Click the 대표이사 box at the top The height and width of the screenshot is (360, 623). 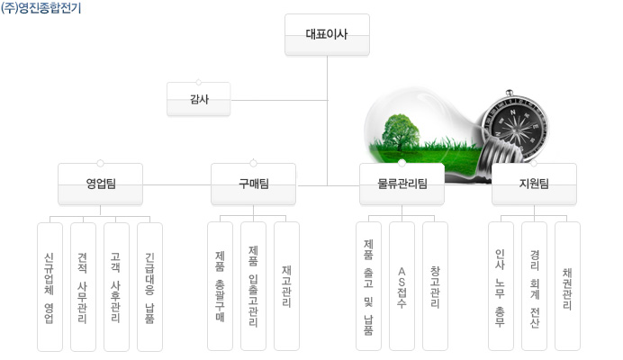(x=327, y=34)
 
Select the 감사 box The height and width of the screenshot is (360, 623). (x=199, y=99)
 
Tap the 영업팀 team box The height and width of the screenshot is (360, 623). (x=100, y=184)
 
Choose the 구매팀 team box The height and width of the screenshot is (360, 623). (x=253, y=184)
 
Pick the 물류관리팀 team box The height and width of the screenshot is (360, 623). (x=402, y=184)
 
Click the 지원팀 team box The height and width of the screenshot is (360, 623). (x=534, y=184)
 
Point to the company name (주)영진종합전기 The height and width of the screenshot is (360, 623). (x=41, y=7)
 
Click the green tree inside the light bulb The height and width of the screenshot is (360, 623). (x=401, y=132)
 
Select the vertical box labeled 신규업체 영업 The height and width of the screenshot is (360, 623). (x=50, y=287)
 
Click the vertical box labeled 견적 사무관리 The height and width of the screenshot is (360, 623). (x=83, y=287)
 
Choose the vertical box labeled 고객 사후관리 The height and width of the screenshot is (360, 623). (x=116, y=287)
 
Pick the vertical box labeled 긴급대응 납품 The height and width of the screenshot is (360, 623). (x=149, y=287)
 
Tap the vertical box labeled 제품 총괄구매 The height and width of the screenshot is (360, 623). (x=220, y=286)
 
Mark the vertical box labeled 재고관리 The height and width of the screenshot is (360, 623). (x=286, y=286)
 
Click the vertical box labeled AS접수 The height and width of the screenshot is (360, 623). (x=402, y=286)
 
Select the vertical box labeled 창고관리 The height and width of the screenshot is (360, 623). (x=435, y=286)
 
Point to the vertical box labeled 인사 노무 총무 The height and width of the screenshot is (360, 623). (x=501, y=286)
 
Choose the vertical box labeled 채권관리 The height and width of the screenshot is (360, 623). (x=567, y=286)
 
